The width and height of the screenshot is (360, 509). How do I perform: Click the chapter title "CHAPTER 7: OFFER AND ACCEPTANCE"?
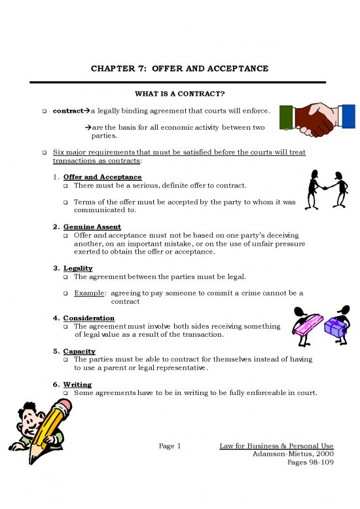click(x=179, y=69)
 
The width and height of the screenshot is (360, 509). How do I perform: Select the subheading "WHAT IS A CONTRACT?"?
click(x=179, y=93)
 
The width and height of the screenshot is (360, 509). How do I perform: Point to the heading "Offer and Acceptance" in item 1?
click(x=102, y=177)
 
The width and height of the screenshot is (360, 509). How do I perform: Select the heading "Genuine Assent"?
click(x=92, y=226)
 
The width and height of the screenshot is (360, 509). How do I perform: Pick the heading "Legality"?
click(x=78, y=268)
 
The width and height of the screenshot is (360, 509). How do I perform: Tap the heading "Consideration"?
click(x=89, y=318)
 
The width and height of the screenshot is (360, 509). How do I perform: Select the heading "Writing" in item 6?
click(x=77, y=384)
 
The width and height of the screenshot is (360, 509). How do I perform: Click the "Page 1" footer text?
click(x=170, y=446)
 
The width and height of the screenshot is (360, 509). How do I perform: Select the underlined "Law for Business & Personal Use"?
click(x=277, y=446)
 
